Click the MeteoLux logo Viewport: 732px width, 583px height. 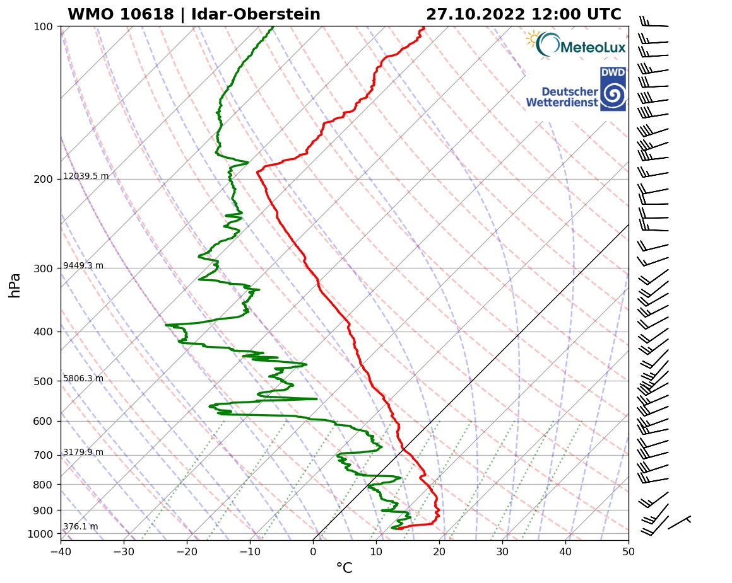point(576,45)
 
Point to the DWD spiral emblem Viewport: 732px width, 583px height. point(613,95)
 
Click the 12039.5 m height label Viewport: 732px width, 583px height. point(86,176)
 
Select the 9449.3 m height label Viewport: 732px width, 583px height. point(83,266)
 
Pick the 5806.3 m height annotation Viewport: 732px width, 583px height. point(83,379)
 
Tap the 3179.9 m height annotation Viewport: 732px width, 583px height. point(83,453)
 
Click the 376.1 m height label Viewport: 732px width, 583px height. point(80,527)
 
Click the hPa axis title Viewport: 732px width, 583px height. point(15,285)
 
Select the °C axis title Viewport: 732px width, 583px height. point(344,569)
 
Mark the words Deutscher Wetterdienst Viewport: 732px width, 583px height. point(562,97)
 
